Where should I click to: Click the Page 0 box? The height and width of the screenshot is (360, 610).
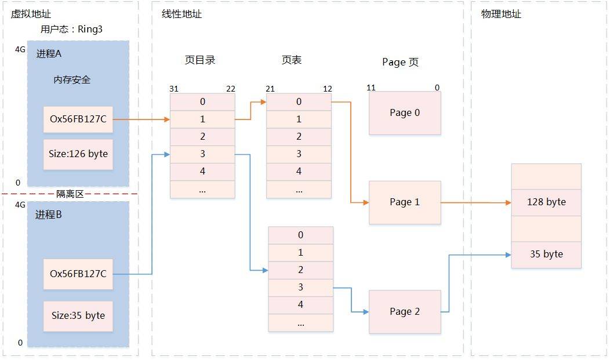pos(405,113)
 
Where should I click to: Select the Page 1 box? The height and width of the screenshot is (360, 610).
pos(405,202)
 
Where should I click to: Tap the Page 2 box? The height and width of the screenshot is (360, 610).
pos(405,312)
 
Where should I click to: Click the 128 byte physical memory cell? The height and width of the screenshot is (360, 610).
pos(546,202)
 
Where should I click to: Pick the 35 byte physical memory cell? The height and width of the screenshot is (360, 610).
pos(546,254)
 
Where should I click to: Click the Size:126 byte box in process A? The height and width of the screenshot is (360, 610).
pos(78,154)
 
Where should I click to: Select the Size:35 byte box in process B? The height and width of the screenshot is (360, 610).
pos(78,315)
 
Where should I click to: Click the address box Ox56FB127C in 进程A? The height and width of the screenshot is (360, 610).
pos(78,119)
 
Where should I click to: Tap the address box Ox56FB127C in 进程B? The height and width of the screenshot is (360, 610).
pos(78,273)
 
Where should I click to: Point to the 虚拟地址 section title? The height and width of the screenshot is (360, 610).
pos(27,14)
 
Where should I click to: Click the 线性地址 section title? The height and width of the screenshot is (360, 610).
pos(181,14)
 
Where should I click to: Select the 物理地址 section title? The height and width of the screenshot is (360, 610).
pos(501,14)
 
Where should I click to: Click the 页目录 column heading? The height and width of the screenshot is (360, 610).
pos(200,60)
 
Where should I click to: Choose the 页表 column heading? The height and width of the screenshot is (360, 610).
pos(292,60)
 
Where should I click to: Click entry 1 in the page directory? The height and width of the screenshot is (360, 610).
pos(202,119)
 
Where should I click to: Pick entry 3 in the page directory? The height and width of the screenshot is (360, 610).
pos(202,154)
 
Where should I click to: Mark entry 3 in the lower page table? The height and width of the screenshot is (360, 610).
pos(300,288)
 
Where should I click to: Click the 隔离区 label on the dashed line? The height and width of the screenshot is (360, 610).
pos(70,194)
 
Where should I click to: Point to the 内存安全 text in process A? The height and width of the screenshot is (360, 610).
pos(72,80)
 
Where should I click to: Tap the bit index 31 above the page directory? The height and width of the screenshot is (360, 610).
pos(174,89)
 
